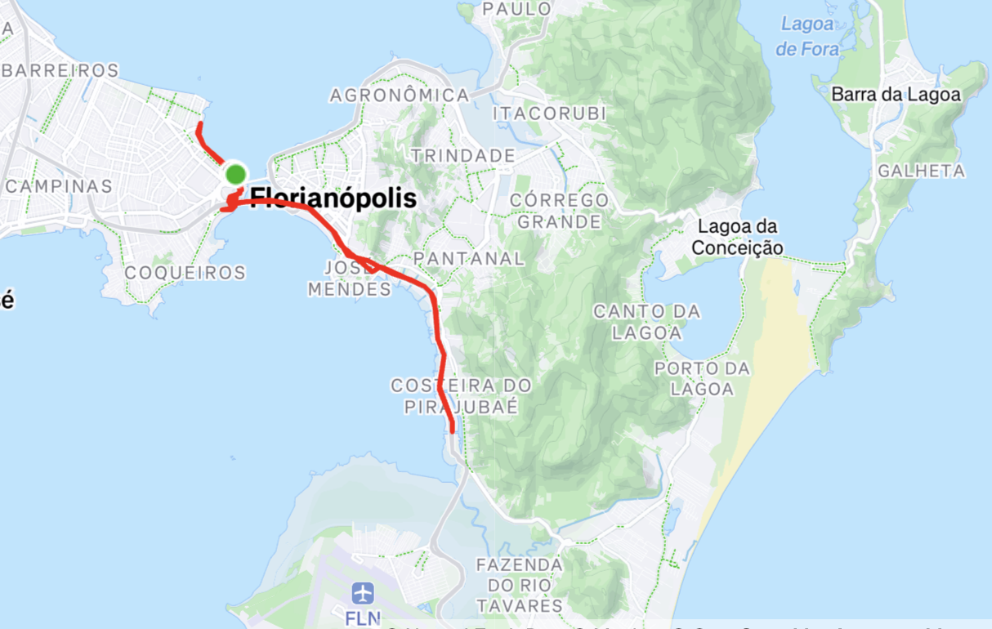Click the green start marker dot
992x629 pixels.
pos(235,174)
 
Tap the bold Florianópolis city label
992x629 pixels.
pos(333,199)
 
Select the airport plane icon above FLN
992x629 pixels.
pos(363,593)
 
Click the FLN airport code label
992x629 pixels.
pos(363,618)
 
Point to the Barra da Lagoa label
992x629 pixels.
pos(896,95)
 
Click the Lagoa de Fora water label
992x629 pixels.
pos(807,37)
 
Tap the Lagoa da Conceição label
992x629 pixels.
pos(737,237)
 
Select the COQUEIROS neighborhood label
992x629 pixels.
pos(186,273)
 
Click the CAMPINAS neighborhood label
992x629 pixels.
pos(59,186)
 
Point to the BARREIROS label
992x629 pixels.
pos(60,71)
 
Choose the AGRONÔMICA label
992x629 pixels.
pos(400,96)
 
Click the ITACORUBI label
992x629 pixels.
pos(550,114)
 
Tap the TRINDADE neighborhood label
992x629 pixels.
pos(463,155)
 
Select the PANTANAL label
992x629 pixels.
pos(469,258)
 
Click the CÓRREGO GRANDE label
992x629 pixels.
pos(559,211)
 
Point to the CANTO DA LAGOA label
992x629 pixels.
pos(646,322)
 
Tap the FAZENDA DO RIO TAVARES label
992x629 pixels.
pos(521,585)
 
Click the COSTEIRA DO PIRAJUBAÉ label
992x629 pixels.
pos(461,395)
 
